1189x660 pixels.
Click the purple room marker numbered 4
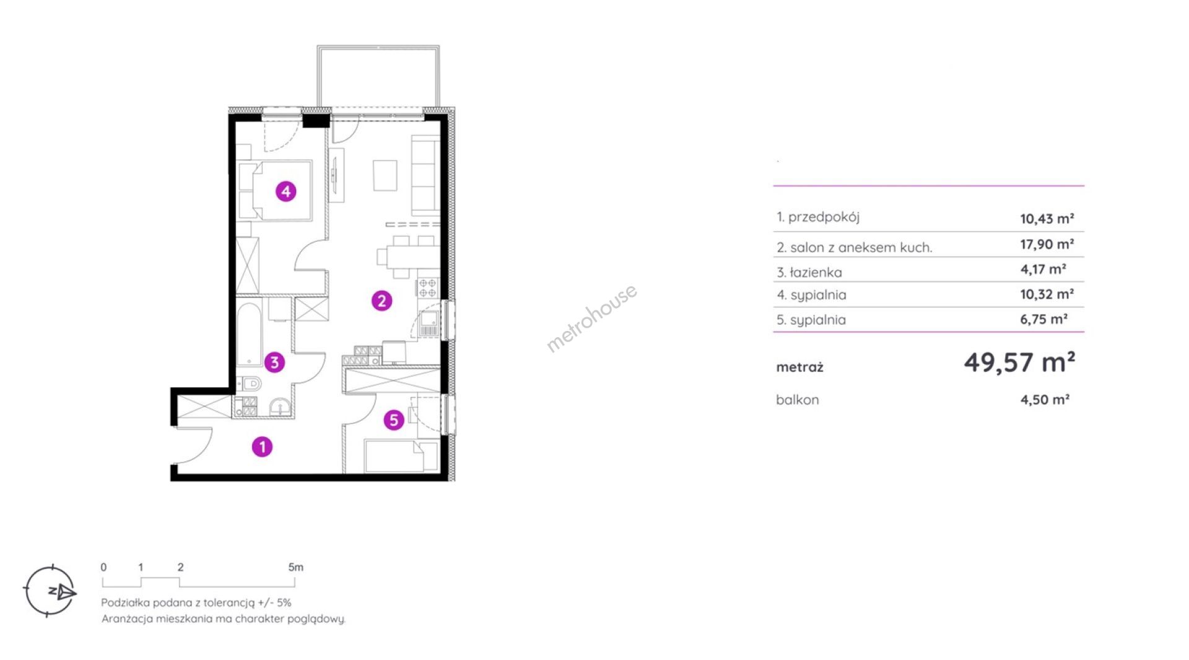pyautogui.click(x=285, y=191)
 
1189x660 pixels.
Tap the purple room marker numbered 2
pyautogui.click(x=381, y=301)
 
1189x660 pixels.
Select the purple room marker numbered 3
pyautogui.click(x=274, y=362)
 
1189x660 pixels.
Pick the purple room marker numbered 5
pyautogui.click(x=393, y=420)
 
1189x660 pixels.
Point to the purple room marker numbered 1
pyautogui.click(x=262, y=446)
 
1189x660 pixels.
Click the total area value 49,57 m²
pyautogui.click(x=1019, y=362)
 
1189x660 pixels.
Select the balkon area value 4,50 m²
pyautogui.click(x=1045, y=400)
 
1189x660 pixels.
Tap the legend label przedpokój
pyautogui.click(x=824, y=218)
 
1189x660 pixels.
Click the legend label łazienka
pyautogui.click(x=816, y=272)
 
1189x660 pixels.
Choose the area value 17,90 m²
pyautogui.click(x=1047, y=244)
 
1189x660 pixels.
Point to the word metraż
pyautogui.click(x=799, y=367)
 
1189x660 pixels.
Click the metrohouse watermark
pyautogui.click(x=591, y=318)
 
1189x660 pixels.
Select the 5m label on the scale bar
pyautogui.click(x=295, y=567)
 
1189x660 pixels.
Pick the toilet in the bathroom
pyautogui.click(x=249, y=385)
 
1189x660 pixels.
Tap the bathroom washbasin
pyautogui.click(x=281, y=407)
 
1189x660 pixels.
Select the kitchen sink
pyautogui.click(x=429, y=322)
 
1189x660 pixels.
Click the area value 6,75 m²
pyautogui.click(x=1043, y=319)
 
